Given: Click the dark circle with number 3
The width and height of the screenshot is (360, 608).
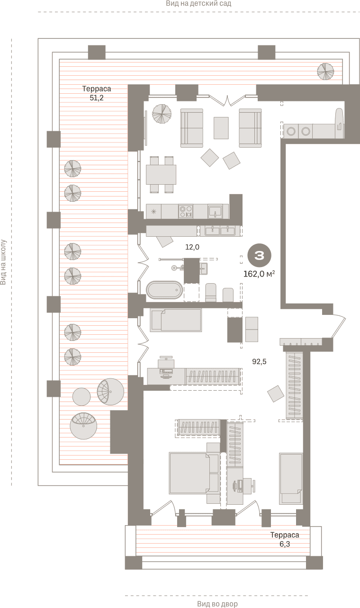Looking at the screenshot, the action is (x=259, y=255).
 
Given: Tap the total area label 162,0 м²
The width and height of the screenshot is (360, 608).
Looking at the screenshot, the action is (x=259, y=274).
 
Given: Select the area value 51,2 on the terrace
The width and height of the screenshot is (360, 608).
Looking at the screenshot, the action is (x=97, y=98).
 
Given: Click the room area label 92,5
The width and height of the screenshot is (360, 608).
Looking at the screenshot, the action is (x=259, y=362).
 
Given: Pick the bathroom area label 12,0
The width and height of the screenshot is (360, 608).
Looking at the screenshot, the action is (x=192, y=247).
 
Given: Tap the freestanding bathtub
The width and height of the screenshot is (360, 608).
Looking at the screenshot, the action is (x=164, y=290).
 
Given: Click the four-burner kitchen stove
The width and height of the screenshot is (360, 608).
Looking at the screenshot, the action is (x=186, y=212).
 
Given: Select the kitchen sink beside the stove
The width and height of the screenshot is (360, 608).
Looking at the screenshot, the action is (x=215, y=212).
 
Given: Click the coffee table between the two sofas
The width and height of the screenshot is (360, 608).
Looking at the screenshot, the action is (x=221, y=128).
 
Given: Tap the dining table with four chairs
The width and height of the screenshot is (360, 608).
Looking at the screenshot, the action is (x=161, y=175).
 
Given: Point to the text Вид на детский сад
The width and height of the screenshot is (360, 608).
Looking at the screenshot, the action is (x=198, y=3).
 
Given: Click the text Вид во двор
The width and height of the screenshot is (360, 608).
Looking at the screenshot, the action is (x=217, y=604).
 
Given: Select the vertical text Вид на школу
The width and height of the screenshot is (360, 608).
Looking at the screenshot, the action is (x=3, y=262).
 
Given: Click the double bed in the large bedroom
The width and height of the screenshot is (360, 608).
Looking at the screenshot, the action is (x=194, y=473).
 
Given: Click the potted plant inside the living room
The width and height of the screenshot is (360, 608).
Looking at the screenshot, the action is (x=162, y=114).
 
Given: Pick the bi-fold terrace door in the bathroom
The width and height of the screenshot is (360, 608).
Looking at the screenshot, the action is (x=143, y=262).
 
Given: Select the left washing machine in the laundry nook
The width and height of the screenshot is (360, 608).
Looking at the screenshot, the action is (x=291, y=131).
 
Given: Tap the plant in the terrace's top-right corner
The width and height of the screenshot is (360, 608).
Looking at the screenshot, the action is (x=325, y=72).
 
